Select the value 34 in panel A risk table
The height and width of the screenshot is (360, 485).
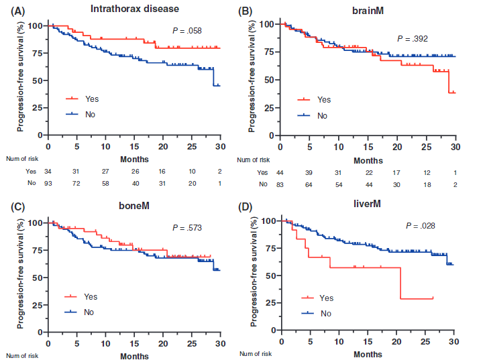pyautogui.click(x=48, y=171)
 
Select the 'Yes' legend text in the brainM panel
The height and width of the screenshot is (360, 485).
pyautogui.click(x=324, y=100)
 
